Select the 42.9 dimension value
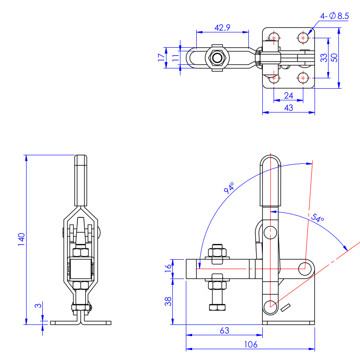222,28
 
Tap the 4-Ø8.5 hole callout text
335,16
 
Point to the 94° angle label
229,188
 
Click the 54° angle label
317,219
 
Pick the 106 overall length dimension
251,344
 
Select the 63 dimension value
225,330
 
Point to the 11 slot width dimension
175,58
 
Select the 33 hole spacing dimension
323,58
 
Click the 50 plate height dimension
334,58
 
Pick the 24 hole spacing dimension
288,95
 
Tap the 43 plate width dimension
288,108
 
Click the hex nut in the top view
218,58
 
